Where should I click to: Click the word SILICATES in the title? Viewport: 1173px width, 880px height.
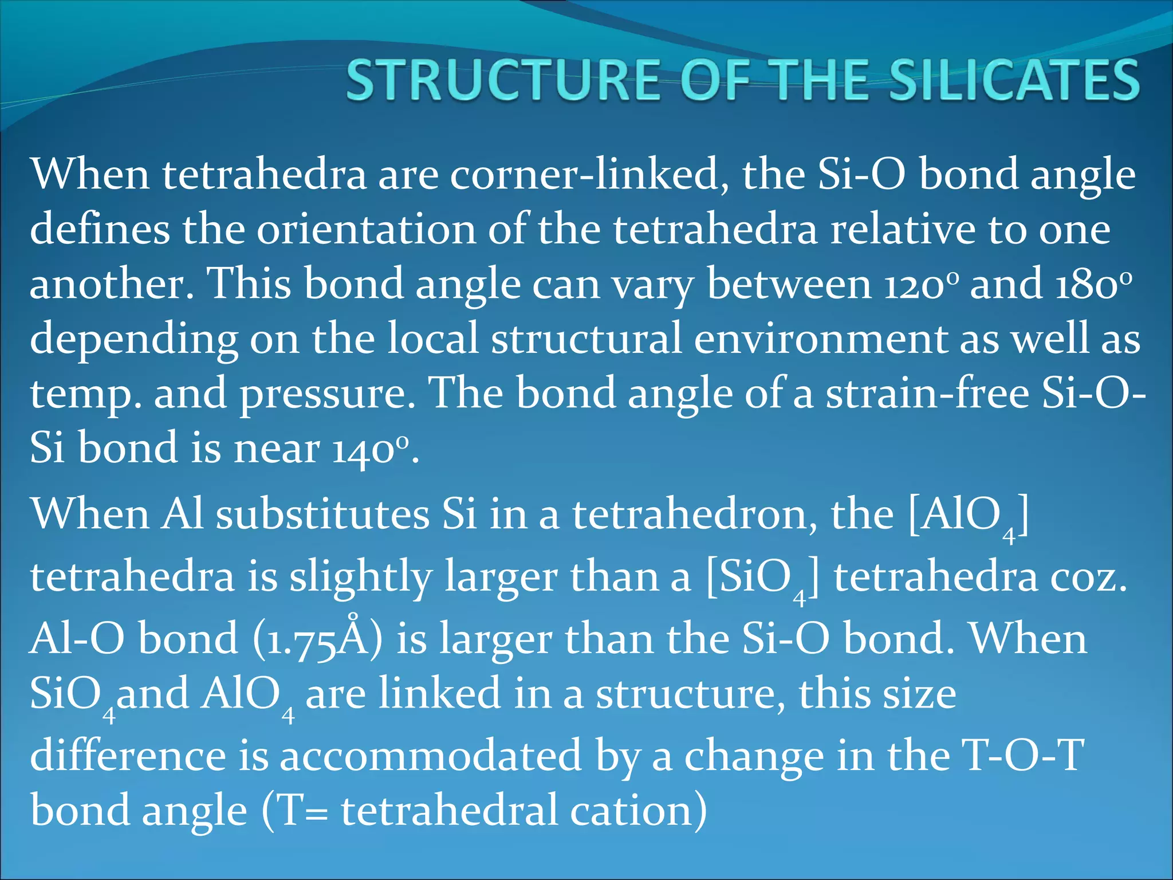click(x=1014, y=80)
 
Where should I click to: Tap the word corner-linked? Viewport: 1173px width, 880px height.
click(x=589, y=174)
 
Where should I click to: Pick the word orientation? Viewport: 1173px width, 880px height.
click(x=366, y=229)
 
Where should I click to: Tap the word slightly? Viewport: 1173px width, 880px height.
click(x=360, y=577)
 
